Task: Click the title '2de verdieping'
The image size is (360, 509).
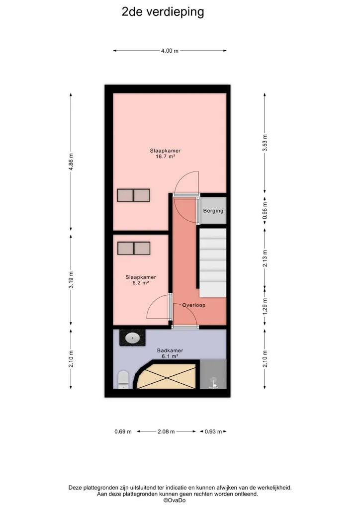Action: point(163,12)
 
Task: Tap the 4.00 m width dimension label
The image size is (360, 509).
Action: point(170,51)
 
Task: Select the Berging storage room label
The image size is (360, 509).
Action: point(213,211)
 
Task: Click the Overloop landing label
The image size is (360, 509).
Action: point(194,305)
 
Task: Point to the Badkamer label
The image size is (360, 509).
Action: point(170,350)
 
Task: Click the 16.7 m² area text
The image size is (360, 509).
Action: point(166,157)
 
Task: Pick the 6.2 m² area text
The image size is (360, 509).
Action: point(141,283)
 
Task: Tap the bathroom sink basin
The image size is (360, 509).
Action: point(132,338)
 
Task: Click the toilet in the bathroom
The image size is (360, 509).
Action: point(123,379)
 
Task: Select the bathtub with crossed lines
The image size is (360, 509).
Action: point(166,376)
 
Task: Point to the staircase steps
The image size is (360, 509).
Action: point(213,262)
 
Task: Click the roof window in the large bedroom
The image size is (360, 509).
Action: point(133,195)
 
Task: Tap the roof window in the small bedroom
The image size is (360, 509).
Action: point(134,249)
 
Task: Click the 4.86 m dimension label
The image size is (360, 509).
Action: point(71,162)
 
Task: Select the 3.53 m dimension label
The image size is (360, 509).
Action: point(265,143)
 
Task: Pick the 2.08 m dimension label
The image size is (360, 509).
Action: point(166,431)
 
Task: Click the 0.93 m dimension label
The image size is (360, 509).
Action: point(213,431)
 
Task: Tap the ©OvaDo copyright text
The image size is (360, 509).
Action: point(175,500)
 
